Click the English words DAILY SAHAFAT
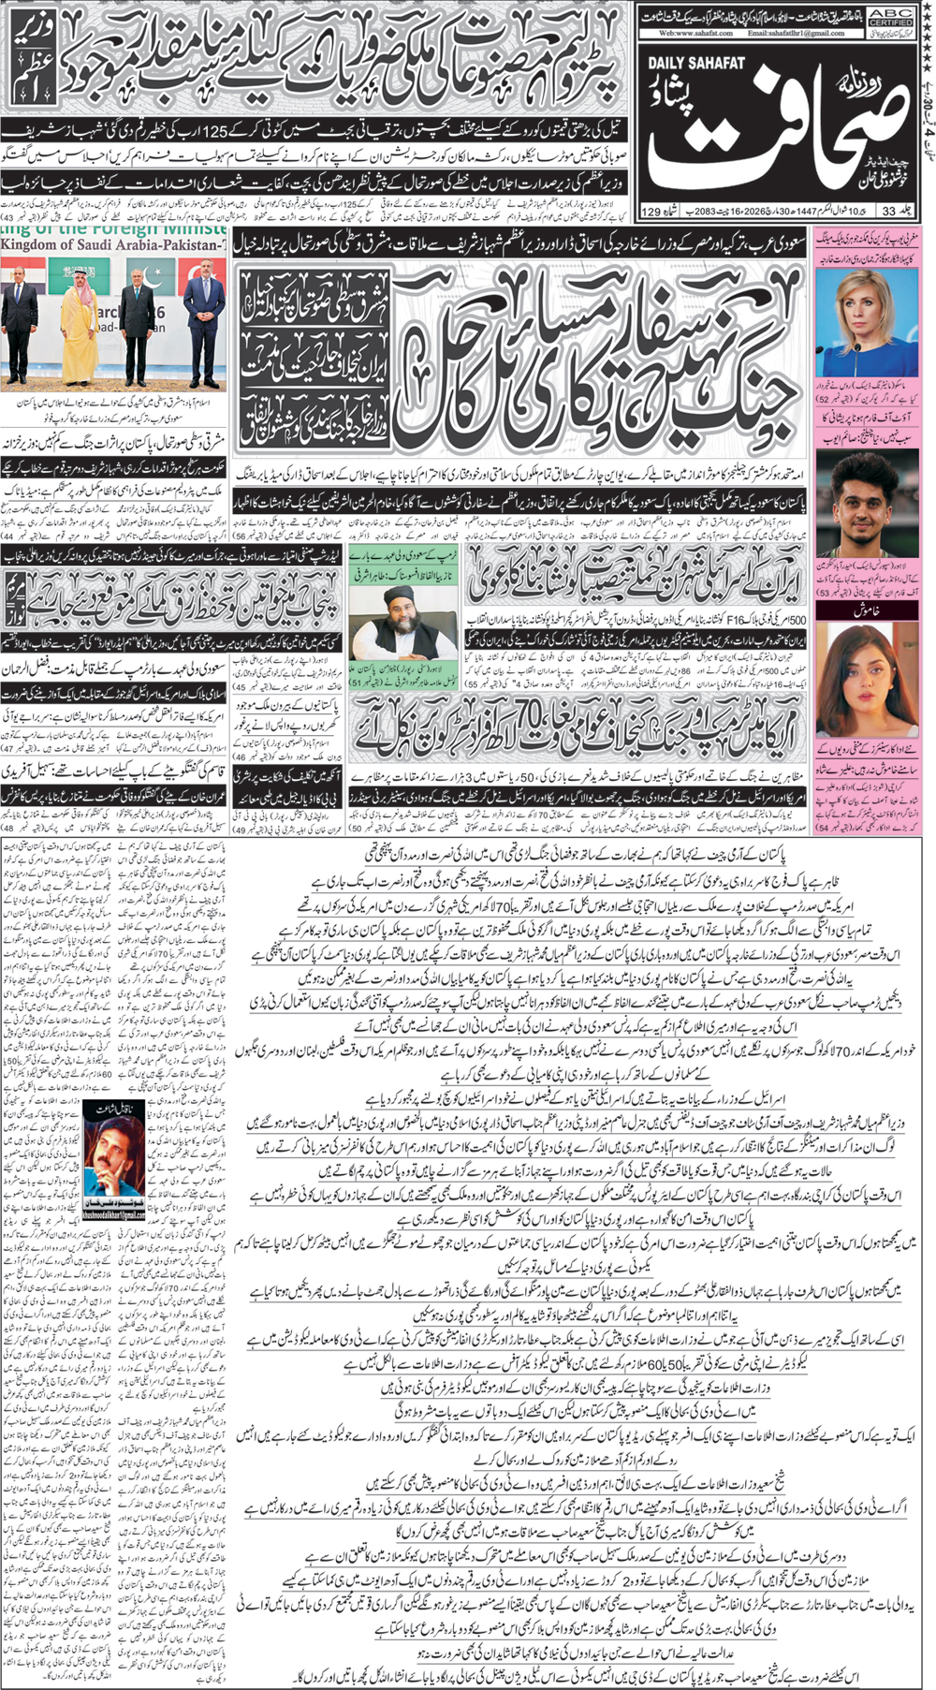pos(696,63)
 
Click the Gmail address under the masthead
pos(796,33)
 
